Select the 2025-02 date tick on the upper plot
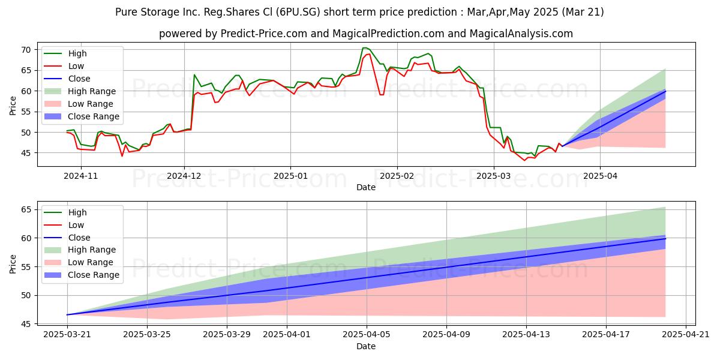(x=397, y=176)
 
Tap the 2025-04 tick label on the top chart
(x=599, y=176)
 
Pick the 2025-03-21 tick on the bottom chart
(x=67, y=335)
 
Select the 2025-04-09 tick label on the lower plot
(x=447, y=335)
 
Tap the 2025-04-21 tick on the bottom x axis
(x=685, y=335)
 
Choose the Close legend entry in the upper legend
(x=79, y=79)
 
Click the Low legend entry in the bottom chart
(x=76, y=225)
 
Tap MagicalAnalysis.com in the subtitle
(x=516, y=34)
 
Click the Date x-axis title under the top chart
(x=366, y=187)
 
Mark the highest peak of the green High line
(x=364, y=48)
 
